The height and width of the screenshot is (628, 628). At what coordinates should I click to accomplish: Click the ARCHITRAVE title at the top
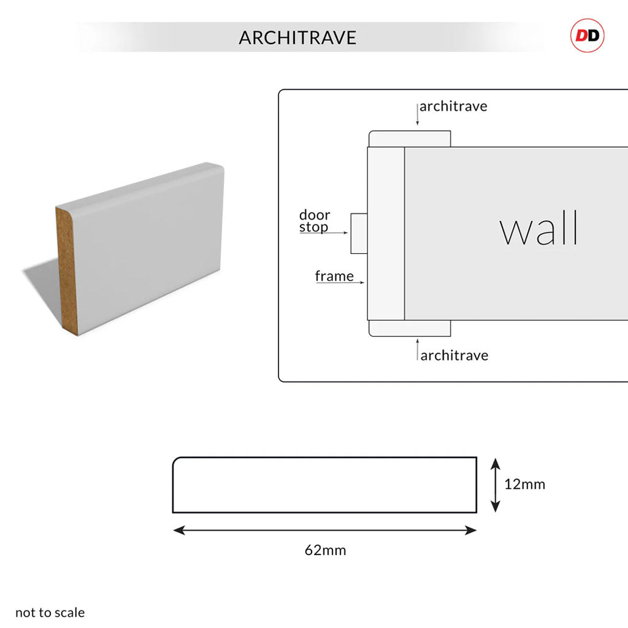[x=297, y=37]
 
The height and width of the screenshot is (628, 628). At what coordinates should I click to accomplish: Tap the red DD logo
[x=587, y=36]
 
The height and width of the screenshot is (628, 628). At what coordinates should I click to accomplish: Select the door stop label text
[x=315, y=221]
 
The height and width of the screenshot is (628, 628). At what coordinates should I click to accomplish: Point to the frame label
[x=334, y=276]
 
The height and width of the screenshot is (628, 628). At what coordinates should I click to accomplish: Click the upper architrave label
[x=453, y=106]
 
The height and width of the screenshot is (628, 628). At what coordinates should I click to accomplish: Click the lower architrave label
[x=454, y=355]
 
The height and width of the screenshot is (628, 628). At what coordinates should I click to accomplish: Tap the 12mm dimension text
[x=525, y=484]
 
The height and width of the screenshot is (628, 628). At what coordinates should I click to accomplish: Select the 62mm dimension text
[x=325, y=550]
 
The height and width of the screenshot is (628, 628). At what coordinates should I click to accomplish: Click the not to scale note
[x=50, y=613]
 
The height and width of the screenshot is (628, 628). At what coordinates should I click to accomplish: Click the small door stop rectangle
[x=359, y=234]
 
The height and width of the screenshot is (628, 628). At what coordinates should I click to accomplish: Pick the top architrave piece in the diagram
[x=410, y=139]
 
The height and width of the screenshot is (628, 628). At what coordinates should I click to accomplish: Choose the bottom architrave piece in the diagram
[x=410, y=328]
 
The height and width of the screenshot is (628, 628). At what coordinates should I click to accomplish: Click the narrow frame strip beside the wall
[x=386, y=234]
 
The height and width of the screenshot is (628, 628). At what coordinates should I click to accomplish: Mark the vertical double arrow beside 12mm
[x=496, y=485]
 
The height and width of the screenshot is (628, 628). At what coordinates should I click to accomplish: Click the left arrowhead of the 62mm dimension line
[x=178, y=530]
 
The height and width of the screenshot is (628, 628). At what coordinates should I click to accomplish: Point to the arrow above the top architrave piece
[x=417, y=114]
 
